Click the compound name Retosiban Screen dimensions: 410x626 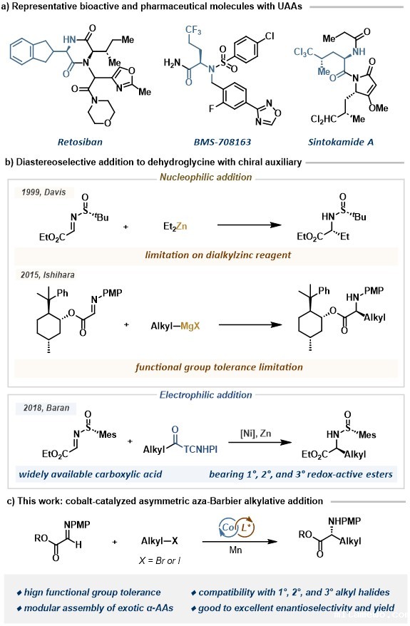coord(80,142)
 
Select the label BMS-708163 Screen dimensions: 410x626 coord(222,142)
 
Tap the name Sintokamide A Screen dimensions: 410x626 coord(341,142)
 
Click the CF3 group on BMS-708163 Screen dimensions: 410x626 coord(194,29)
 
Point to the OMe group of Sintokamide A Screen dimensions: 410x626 coord(378,108)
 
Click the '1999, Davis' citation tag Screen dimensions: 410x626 coord(43,192)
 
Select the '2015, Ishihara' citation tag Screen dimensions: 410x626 coord(48,274)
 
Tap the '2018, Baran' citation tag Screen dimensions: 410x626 coord(46,408)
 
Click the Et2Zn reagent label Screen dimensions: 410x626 coord(175,226)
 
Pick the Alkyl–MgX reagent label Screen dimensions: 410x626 coord(175,326)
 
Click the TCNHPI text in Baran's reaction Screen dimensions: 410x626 coord(200,449)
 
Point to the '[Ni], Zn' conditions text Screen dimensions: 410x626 coord(255,433)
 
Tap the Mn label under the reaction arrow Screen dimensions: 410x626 coord(235,550)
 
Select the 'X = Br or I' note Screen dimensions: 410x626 coord(159,560)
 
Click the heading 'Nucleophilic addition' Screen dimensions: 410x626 coord(205,177)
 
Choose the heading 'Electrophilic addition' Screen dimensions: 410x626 coord(205,395)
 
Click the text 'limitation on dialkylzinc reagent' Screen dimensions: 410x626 coord(218,255)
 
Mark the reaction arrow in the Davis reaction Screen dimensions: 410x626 coord(250,225)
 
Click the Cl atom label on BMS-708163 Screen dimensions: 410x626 coord(270,36)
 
